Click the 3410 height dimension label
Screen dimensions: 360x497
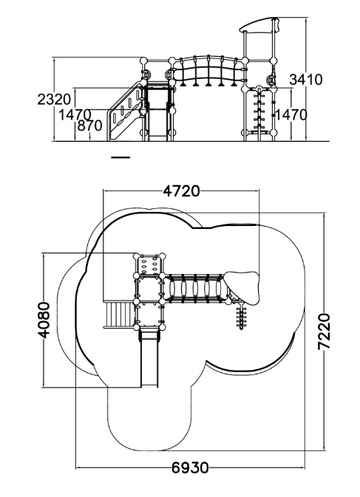(x=306, y=80)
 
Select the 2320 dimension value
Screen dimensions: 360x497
(x=54, y=100)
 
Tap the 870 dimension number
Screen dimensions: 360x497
(x=89, y=126)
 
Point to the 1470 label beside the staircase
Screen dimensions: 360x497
(x=75, y=114)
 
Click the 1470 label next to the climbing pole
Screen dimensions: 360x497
(x=291, y=114)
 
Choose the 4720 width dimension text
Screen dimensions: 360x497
(x=181, y=191)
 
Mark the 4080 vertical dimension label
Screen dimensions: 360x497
(x=44, y=321)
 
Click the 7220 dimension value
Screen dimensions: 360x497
(x=325, y=332)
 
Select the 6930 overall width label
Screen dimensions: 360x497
(x=190, y=468)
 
